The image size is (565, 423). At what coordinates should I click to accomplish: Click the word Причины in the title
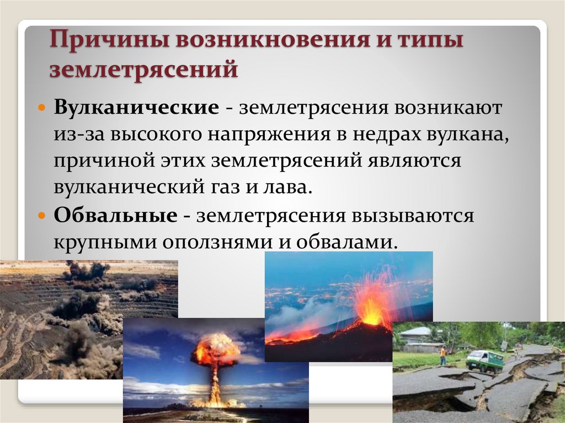tap(110, 40)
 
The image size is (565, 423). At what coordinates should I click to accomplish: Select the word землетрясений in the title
tap(144, 69)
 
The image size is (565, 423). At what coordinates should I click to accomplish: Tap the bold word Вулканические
tap(136, 108)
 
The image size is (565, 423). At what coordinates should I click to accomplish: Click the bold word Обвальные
tap(116, 216)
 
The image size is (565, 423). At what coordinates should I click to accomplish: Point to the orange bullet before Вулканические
tap(42, 108)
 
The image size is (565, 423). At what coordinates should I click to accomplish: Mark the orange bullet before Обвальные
tap(42, 216)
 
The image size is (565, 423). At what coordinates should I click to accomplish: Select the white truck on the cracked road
tap(484, 360)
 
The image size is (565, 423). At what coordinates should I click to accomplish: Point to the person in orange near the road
tap(443, 355)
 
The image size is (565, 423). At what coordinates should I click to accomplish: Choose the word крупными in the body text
tap(105, 243)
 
